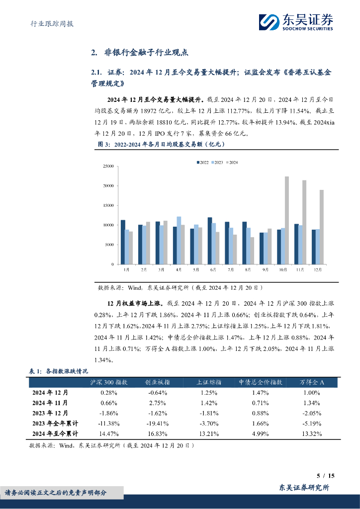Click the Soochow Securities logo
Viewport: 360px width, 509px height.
pyautogui.click(x=296, y=22)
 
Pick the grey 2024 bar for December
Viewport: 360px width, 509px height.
pyautogui.click(x=322, y=227)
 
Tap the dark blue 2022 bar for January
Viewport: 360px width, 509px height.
pyautogui.click(x=123, y=242)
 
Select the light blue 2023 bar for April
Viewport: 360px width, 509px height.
pyautogui.click(x=179, y=240)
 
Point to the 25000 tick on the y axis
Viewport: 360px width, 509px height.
pyautogui.click(x=107, y=166)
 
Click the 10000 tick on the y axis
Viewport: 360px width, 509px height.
pyautogui.click(x=107, y=225)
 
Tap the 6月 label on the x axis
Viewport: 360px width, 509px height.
pyautogui.click(x=213, y=269)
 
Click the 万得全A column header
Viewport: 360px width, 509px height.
pyautogui.click(x=312, y=382)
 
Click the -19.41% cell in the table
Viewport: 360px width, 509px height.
pyautogui.click(x=158, y=423)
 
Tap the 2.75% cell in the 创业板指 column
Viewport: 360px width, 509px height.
pyautogui.click(x=158, y=403)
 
